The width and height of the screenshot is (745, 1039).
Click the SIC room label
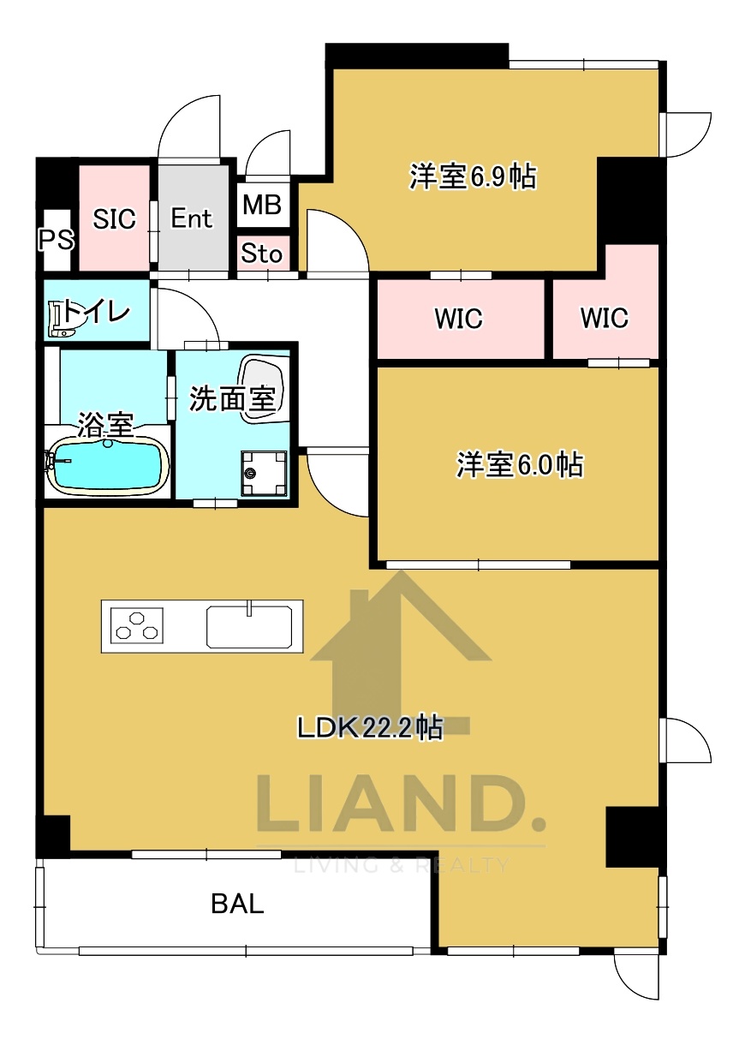click(115, 219)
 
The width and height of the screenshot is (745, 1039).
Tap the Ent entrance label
click(191, 218)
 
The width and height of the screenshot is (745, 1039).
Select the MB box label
click(262, 206)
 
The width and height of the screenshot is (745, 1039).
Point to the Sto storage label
click(261, 254)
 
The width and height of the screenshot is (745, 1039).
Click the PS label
click(56, 240)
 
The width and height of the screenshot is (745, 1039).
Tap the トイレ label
click(98, 312)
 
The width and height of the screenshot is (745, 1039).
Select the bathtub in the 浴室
click(106, 464)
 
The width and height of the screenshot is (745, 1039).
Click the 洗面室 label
click(231, 398)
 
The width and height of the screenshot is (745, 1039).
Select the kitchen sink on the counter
click(254, 625)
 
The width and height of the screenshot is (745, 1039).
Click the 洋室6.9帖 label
click(473, 177)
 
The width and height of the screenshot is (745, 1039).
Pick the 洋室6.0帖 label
click(520, 465)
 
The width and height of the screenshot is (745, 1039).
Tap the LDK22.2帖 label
click(370, 728)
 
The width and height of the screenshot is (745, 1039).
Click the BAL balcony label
click(238, 904)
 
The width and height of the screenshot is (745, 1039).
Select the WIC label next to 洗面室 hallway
click(458, 319)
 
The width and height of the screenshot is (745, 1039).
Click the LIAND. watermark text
click(401, 803)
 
